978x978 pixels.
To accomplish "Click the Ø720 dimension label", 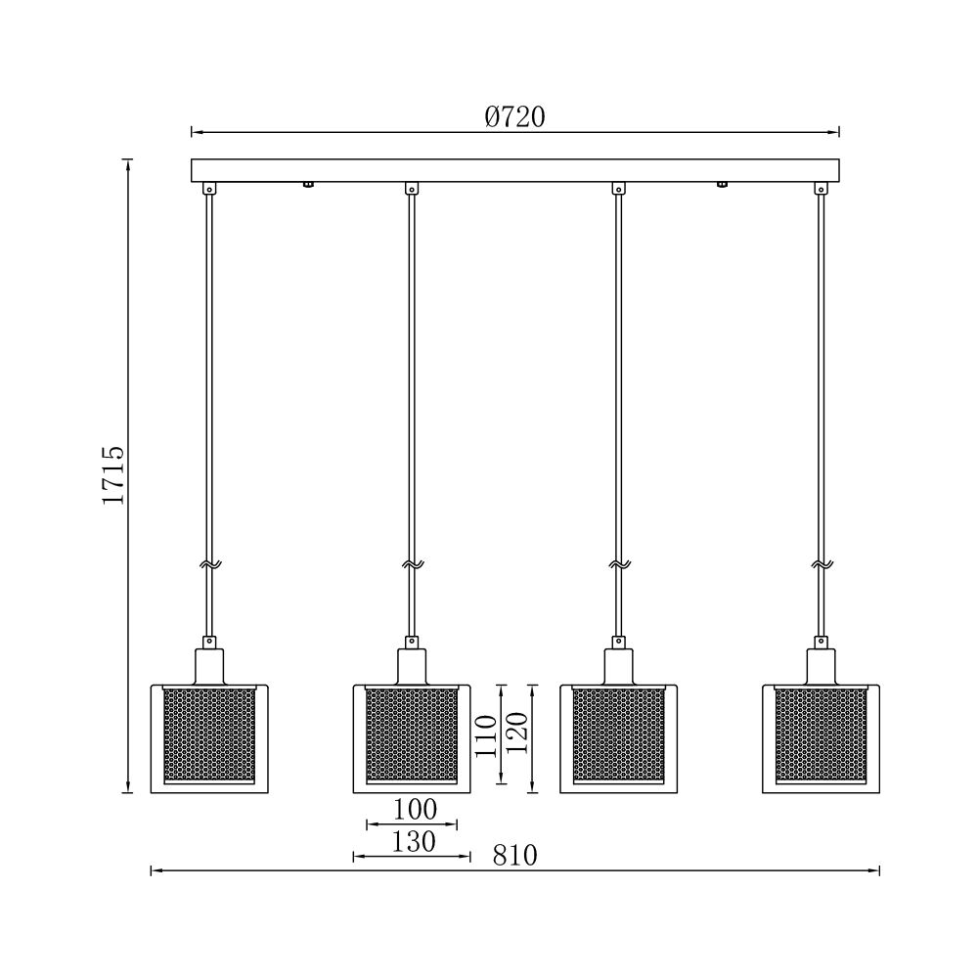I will (514, 117).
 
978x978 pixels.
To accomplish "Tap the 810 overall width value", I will (514, 856).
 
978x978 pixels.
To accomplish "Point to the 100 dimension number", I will (414, 810).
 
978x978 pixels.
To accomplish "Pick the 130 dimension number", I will (414, 841).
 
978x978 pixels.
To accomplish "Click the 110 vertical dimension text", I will (486, 734).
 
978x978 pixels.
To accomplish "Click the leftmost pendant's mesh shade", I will (208, 734).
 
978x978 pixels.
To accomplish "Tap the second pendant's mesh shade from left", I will (412, 734).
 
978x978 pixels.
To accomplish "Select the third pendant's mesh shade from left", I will (618, 734).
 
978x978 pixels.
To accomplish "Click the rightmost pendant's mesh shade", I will (821, 734).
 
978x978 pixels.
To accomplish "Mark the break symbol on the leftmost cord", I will (208, 564).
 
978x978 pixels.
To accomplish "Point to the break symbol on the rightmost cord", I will (821, 564).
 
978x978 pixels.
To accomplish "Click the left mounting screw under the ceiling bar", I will (308, 184).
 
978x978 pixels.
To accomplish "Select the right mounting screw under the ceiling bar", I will (723, 184).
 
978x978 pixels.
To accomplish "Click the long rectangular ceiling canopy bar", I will (514, 170).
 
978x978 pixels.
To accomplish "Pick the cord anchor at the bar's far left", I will (208, 188).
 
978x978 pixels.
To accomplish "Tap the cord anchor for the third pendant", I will (618, 188).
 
